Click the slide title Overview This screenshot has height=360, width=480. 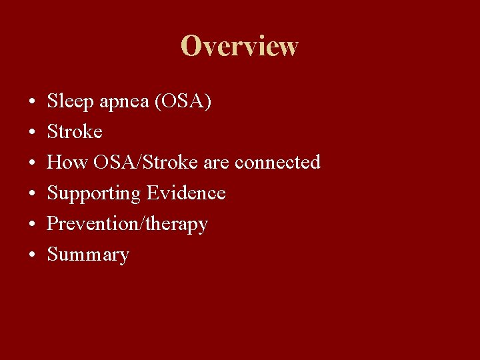pyautogui.click(x=239, y=46)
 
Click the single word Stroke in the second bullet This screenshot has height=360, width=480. pyautogui.click(x=75, y=132)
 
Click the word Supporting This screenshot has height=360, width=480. pyautogui.click(x=94, y=193)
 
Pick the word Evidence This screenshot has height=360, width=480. pyautogui.click(x=186, y=193)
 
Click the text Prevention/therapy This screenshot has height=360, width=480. pyautogui.click(x=127, y=224)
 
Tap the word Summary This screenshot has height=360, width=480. pyautogui.click(x=88, y=255)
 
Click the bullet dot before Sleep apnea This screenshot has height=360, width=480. pyautogui.click(x=32, y=103)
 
